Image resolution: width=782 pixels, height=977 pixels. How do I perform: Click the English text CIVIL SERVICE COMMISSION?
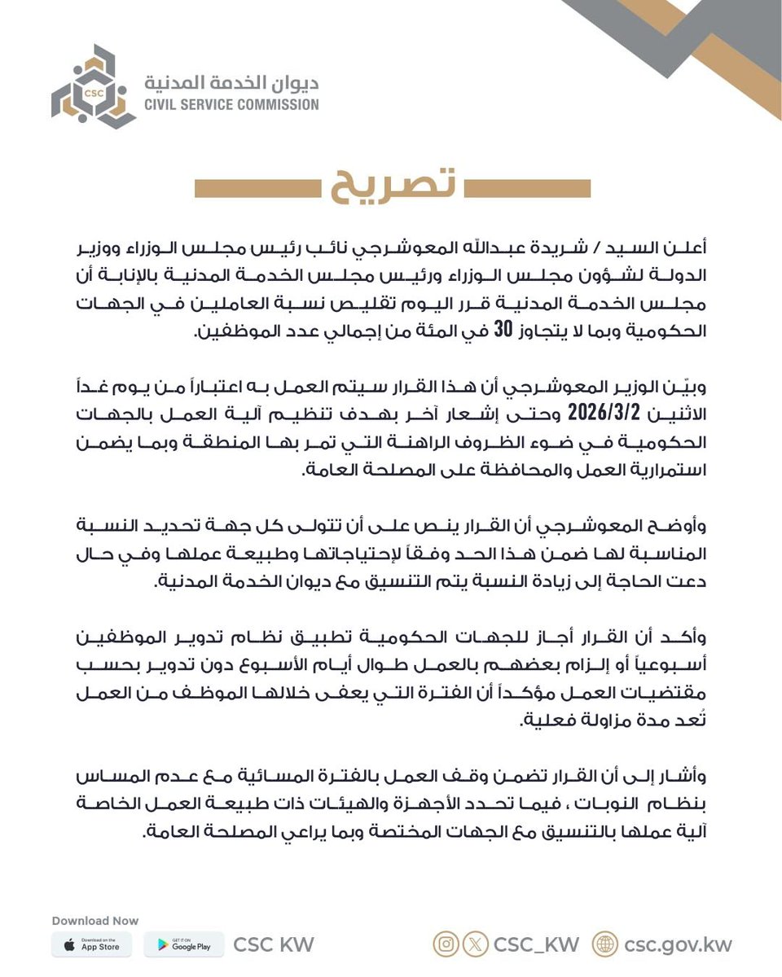click(x=231, y=104)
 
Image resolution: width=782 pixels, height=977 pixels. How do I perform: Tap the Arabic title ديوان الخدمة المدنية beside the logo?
click(x=231, y=82)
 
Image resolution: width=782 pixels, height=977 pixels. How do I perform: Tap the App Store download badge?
click(x=91, y=944)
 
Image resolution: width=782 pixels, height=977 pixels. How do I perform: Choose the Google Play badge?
click(x=184, y=944)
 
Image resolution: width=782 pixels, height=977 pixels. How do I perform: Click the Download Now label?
click(x=95, y=921)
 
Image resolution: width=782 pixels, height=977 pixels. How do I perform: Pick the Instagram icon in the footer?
click(x=446, y=944)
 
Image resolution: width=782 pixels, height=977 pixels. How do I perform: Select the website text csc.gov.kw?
click(x=678, y=944)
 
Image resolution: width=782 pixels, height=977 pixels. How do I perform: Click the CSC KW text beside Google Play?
click(x=274, y=944)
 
